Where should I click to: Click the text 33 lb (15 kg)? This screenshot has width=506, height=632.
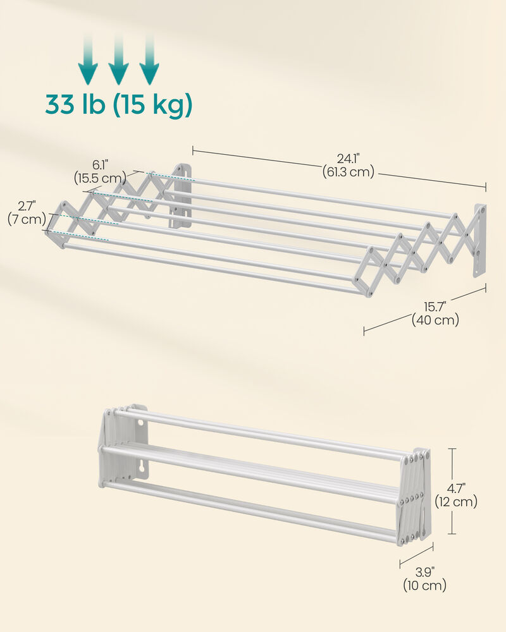click(x=118, y=105)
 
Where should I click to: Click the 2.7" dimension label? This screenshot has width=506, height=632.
click(x=27, y=206)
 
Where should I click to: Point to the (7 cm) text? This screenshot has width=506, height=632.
click(x=27, y=219)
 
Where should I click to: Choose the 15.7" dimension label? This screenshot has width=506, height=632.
click(x=435, y=307)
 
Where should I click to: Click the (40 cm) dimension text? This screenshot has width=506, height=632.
click(x=435, y=320)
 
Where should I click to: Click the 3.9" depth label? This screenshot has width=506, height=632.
click(x=424, y=573)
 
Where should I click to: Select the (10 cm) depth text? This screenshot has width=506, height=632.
click(x=424, y=586)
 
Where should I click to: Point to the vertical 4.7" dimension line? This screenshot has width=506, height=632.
click(x=452, y=491)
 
